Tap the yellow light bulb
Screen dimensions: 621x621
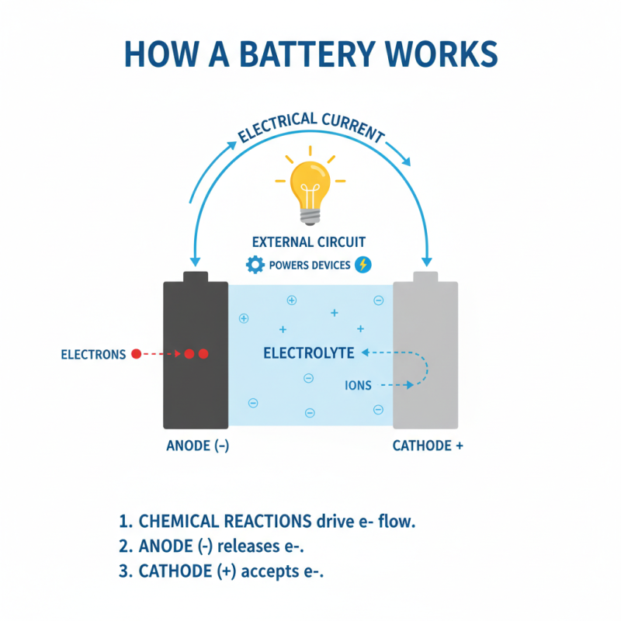pos(310,182)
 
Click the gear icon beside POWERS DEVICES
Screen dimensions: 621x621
pos(255,265)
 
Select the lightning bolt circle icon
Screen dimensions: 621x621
pos(363,265)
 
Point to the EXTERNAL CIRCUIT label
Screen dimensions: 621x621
pos(310,241)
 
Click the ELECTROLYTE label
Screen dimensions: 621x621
pos(309,353)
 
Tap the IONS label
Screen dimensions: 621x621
pos(358,385)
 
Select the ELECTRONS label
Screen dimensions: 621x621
pos(93,355)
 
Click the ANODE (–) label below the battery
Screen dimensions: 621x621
pos(197,446)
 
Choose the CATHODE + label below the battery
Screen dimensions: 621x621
pos(428,446)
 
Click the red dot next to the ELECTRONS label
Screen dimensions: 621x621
pos(136,354)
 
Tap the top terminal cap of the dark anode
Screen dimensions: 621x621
pos(195,276)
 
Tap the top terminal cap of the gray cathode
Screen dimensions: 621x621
pos(425,276)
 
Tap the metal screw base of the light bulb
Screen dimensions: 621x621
pos(310,211)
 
